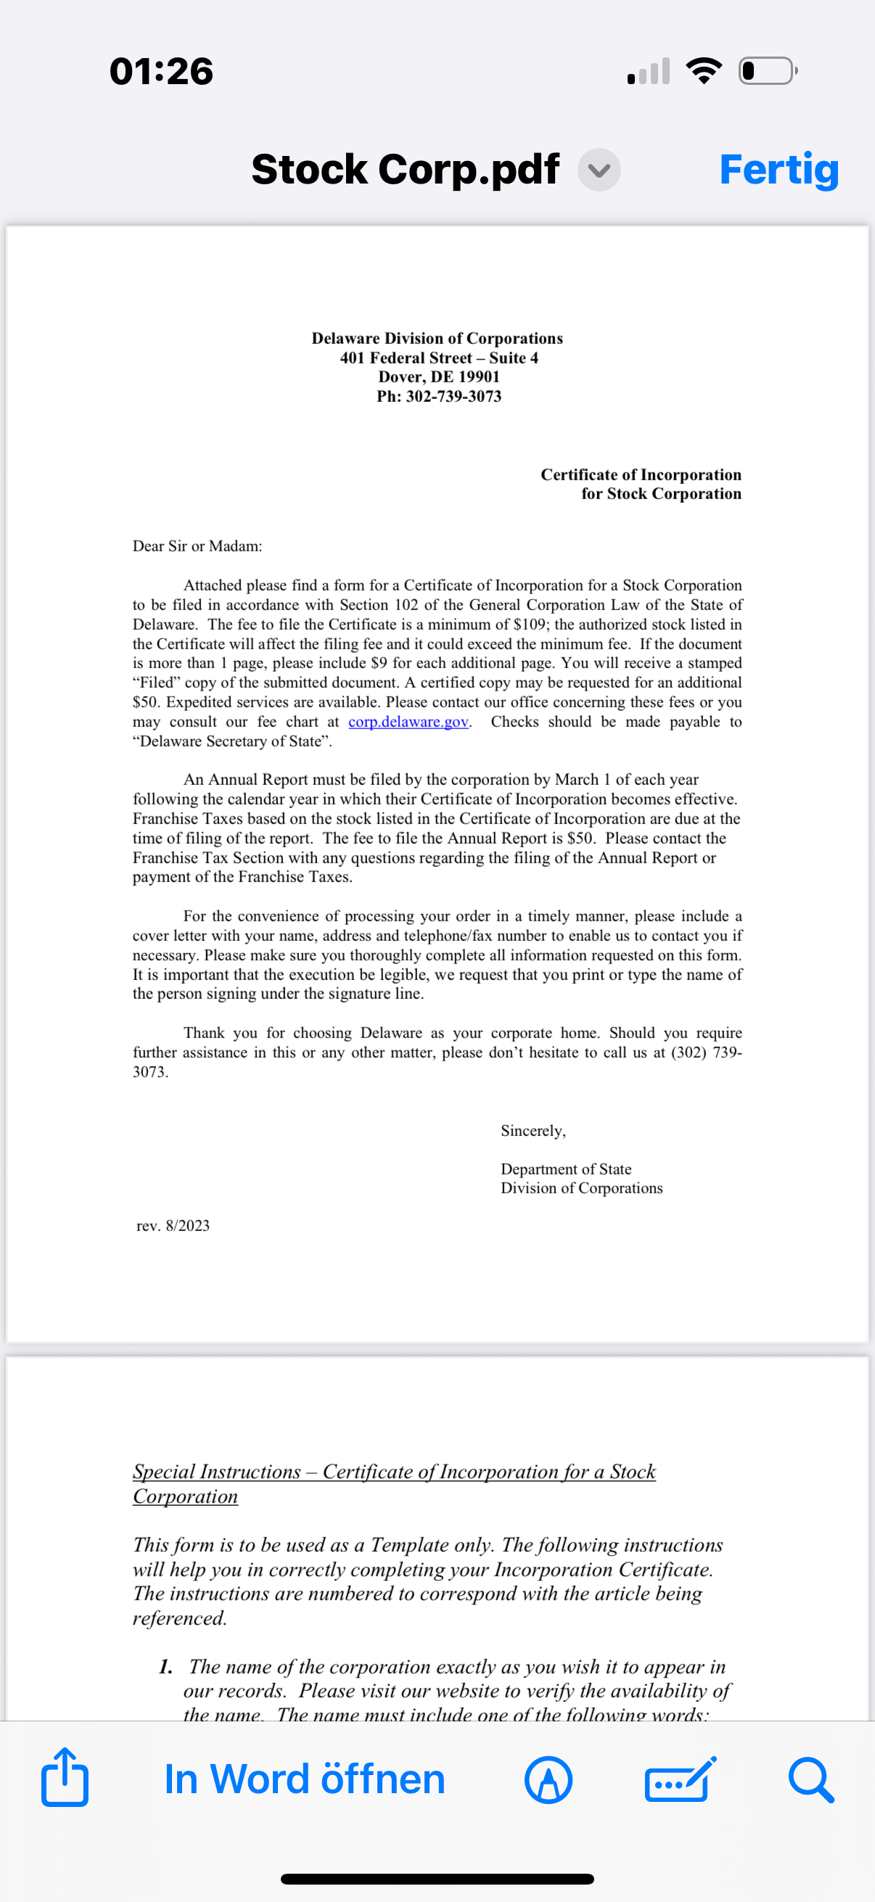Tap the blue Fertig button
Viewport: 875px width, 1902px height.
(779, 170)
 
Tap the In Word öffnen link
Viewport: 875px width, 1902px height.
(304, 1779)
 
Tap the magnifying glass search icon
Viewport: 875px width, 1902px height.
(810, 1780)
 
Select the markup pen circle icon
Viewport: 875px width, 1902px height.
(548, 1780)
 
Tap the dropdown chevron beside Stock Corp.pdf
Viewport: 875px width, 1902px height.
(599, 170)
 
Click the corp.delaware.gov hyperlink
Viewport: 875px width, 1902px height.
(408, 721)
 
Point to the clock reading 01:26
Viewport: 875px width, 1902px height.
(161, 72)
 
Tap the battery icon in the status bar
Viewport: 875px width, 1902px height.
(768, 71)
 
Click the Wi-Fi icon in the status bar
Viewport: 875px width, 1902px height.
(704, 71)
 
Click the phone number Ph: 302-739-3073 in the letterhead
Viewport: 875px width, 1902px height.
(439, 397)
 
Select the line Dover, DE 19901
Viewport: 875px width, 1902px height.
(439, 376)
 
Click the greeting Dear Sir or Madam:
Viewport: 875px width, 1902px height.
(197, 546)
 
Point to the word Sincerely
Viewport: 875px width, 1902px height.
(533, 1130)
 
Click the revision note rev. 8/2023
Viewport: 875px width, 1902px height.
(173, 1226)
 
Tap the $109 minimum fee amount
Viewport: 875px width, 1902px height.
(532, 624)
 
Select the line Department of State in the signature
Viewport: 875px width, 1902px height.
(566, 1169)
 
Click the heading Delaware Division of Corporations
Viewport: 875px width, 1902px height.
(437, 338)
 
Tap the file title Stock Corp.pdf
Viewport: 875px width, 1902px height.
(405, 170)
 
